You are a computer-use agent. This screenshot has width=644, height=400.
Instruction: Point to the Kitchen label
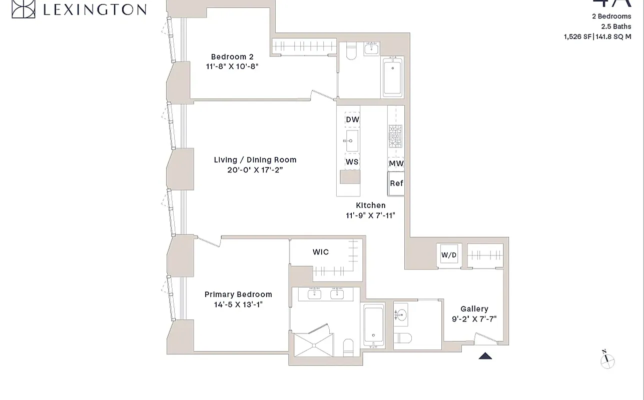371,205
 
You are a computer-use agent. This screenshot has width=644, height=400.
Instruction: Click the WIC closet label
321,252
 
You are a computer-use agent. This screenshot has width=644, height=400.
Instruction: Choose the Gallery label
474,309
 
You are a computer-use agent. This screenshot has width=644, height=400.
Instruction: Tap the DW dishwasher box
352,119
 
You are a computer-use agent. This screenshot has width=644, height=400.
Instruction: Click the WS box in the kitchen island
352,162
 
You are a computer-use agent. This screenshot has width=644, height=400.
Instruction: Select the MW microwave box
396,163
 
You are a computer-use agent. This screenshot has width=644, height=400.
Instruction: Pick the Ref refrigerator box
396,183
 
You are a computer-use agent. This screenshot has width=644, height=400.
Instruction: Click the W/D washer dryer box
449,255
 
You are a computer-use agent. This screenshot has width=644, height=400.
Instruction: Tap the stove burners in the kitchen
395,135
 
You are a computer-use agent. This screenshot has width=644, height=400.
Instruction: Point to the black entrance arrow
485,356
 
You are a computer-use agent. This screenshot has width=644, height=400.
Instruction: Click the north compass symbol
607,360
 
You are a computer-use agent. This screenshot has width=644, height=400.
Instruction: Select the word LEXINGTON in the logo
95,9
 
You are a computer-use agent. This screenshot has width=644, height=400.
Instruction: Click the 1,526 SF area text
577,36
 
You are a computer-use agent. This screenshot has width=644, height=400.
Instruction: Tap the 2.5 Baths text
616,26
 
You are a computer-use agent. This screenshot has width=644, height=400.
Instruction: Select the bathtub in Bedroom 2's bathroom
392,77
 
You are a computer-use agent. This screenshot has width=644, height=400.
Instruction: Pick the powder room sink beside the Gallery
401,314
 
